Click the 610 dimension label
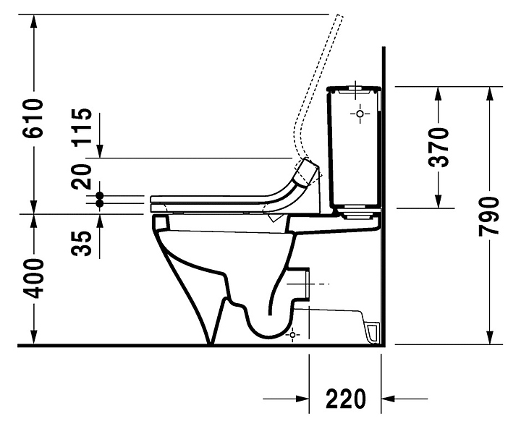(33, 118)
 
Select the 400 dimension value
(33, 279)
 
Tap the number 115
(81, 127)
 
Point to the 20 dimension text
(81, 177)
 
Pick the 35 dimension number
(81, 244)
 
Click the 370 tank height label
(439, 147)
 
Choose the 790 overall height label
(488, 216)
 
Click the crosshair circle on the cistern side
(360, 114)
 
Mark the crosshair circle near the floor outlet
(292, 335)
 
